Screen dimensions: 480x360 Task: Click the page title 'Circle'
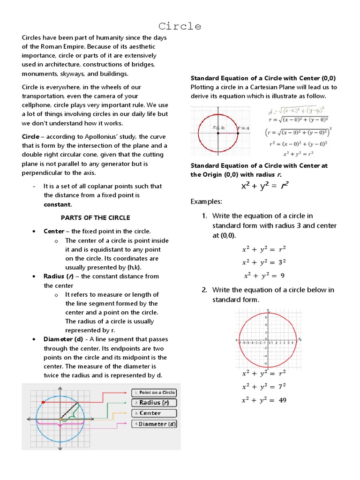[180, 26]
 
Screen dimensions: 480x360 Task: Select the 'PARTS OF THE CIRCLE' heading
[96, 217]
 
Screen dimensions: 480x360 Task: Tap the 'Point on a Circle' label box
[154, 392]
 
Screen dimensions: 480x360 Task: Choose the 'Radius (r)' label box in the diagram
[154, 403]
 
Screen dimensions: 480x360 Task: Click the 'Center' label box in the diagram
[154, 413]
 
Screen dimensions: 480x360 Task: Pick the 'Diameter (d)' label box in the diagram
[154, 424]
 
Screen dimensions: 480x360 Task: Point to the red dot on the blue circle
[43, 402]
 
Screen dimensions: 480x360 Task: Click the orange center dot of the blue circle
[60, 419]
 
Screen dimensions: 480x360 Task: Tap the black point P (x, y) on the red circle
[238, 133]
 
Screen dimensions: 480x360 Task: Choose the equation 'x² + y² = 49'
[264, 400]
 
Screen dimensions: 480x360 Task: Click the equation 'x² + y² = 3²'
[264, 262]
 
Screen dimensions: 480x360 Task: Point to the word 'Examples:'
[206, 202]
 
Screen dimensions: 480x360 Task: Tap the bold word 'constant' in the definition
[57, 204]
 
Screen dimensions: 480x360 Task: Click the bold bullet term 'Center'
[54, 231]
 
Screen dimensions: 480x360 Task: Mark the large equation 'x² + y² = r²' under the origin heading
[264, 186]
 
